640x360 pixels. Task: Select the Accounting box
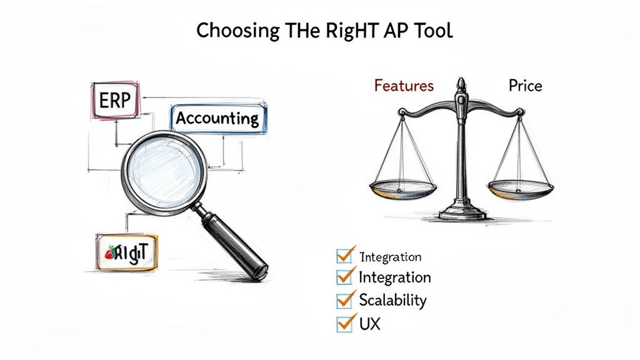[x=217, y=118]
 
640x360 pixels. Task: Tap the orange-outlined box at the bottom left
[x=128, y=252]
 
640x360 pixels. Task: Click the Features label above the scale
[x=403, y=86]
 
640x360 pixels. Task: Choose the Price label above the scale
[x=525, y=86]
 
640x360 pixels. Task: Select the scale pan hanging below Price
[x=521, y=186]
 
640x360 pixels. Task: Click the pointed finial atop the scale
[x=461, y=85]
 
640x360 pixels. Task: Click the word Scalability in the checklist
[x=393, y=300]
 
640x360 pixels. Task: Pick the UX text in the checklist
[x=370, y=324]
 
